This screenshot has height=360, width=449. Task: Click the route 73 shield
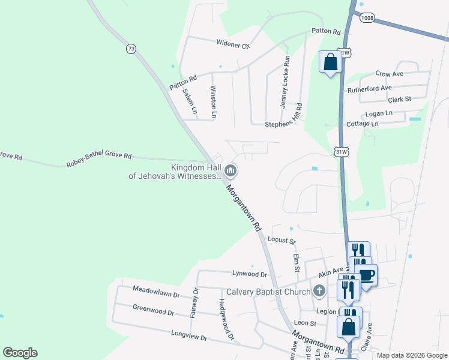130,49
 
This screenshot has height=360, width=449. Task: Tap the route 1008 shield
367,18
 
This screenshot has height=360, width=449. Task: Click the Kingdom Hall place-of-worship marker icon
230,172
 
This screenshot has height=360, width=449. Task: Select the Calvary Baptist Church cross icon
319,292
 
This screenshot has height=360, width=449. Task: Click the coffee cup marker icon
366,275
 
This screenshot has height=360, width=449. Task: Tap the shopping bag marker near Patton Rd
330,62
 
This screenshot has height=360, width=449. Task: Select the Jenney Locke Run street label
286,82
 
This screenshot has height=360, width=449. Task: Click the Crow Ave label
390,74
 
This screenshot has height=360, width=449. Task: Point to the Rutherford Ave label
370,89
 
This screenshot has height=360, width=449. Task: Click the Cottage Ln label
363,124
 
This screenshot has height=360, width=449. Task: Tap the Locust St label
282,241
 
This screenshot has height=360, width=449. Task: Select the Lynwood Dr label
249,274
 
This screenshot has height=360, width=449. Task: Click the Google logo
20,353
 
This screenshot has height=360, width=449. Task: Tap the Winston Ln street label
213,101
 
